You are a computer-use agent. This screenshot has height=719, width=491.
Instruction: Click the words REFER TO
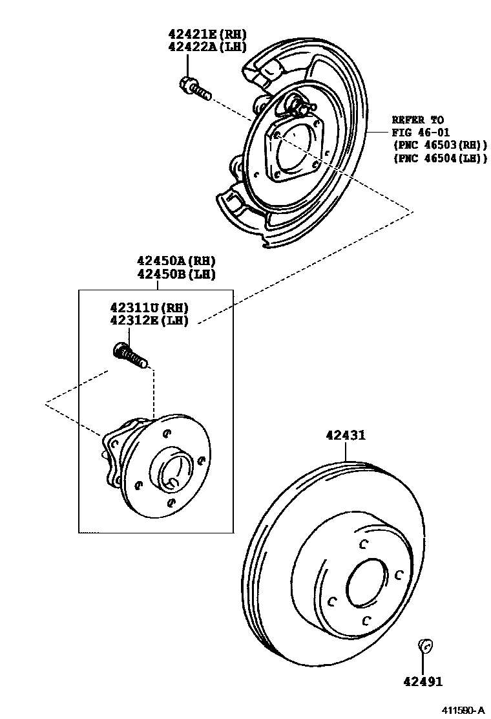[x=418, y=120]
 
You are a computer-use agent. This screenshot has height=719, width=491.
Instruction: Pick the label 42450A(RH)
[x=175, y=261]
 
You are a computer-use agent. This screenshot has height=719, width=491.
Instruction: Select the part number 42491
[x=423, y=681]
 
